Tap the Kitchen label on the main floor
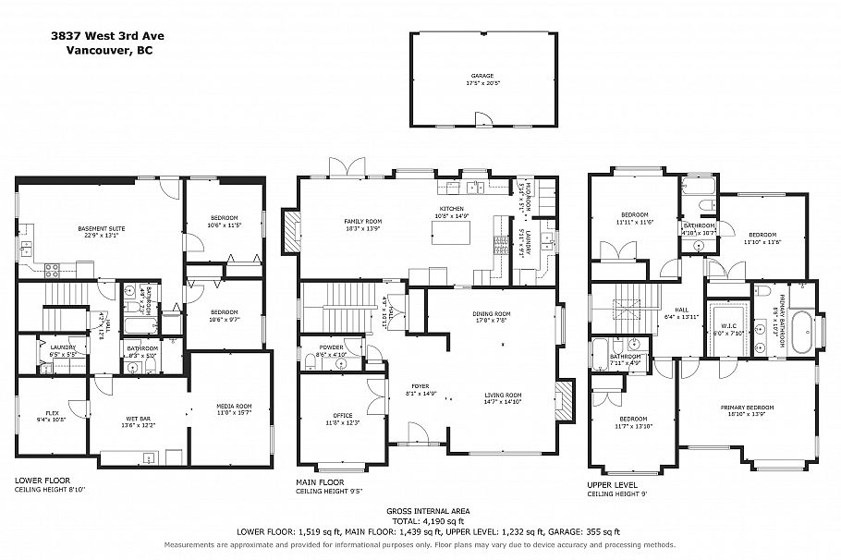[x=451, y=210]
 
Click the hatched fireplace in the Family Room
[x=291, y=232]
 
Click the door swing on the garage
[x=481, y=117]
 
